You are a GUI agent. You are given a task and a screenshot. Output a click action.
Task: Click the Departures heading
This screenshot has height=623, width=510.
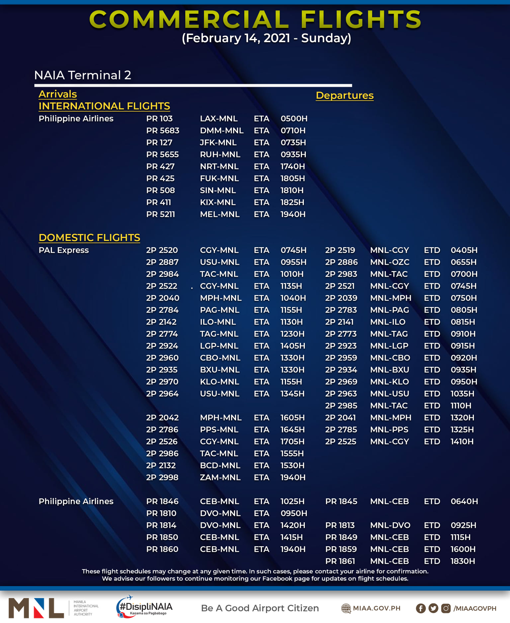(x=344, y=95)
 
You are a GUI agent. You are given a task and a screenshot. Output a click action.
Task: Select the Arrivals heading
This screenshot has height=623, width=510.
(x=58, y=94)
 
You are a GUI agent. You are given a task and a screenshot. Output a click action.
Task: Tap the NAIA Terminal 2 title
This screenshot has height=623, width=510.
(x=83, y=75)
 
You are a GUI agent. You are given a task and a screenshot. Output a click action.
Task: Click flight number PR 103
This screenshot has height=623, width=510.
(x=159, y=119)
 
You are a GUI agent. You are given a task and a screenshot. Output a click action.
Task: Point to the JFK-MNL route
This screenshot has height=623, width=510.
(x=218, y=143)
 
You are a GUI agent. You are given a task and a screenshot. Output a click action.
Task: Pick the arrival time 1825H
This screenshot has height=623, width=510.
(x=292, y=202)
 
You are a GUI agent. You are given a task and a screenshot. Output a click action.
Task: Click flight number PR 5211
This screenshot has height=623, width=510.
(x=160, y=214)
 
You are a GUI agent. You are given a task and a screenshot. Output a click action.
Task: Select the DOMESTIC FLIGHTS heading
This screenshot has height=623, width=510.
(x=89, y=238)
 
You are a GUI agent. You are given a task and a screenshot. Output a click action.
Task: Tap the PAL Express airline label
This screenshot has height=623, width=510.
(x=64, y=250)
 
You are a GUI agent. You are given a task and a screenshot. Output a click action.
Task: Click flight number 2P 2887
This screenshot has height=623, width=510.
(x=162, y=262)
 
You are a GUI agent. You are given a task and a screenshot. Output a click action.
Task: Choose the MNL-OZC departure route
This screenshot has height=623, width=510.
(x=389, y=262)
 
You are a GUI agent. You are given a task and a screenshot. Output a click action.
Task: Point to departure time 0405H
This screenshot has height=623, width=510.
(x=464, y=250)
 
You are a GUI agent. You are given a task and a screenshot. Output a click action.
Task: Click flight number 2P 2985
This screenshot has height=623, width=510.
(x=341, y=406)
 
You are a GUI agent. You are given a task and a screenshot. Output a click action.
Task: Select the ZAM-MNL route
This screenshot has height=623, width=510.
(x=220, y=477)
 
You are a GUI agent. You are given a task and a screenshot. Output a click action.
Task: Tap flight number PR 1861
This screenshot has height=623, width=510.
(x=340, y=561)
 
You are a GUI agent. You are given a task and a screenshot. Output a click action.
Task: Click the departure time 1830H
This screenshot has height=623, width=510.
(x=463, y=561)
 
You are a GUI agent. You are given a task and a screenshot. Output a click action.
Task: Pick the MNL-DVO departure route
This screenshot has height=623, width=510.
(x=390, y=525)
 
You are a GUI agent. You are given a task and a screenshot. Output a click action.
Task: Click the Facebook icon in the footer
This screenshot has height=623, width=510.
(x=421, y=608)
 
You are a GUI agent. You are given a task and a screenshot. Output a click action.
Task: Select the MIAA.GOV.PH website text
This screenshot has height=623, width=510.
(x=376, y=608)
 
